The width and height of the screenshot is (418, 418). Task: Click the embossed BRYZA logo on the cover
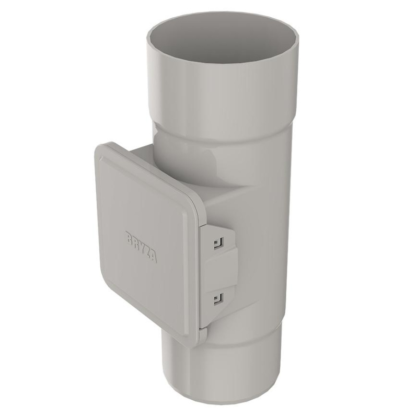coord(141,247)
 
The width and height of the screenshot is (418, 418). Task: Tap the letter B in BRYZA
coord(129,237)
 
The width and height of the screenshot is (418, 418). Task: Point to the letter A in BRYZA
coord(154,258)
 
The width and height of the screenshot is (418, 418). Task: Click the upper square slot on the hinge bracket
coord(218,243)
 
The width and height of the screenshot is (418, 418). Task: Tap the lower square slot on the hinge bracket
coord(218,298)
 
